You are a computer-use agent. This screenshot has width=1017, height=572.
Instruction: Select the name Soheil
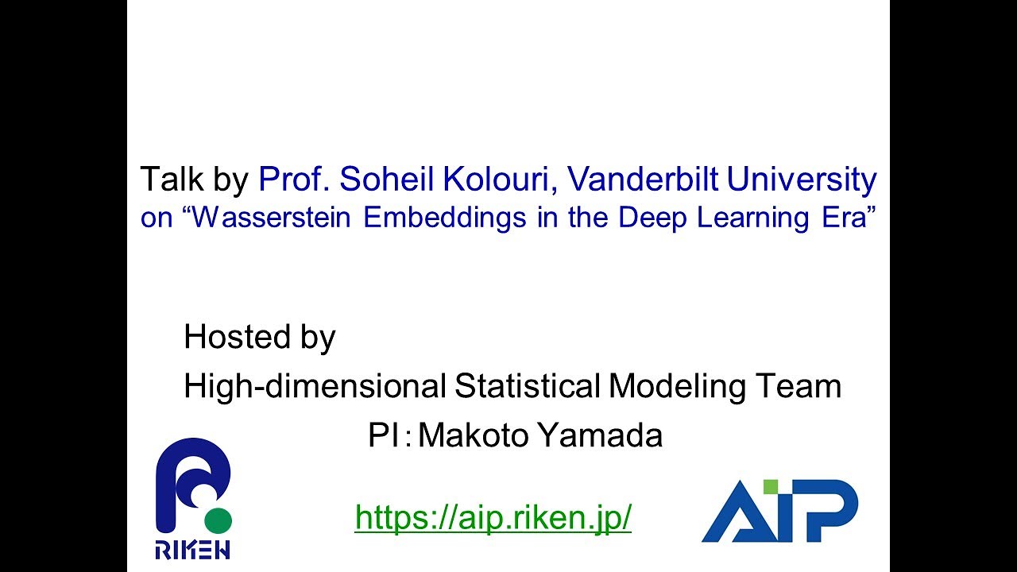(389, 180)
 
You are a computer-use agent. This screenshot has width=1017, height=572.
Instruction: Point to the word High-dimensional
(315, 387)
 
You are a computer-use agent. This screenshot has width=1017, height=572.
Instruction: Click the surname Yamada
(606, 435)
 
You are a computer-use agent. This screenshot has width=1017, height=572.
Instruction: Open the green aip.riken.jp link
(493, 517)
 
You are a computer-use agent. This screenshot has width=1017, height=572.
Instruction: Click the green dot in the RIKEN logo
(218, 520)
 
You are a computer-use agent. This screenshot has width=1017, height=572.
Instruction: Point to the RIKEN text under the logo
(193, 550)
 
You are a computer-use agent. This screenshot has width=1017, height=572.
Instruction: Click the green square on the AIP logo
(770, 487)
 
